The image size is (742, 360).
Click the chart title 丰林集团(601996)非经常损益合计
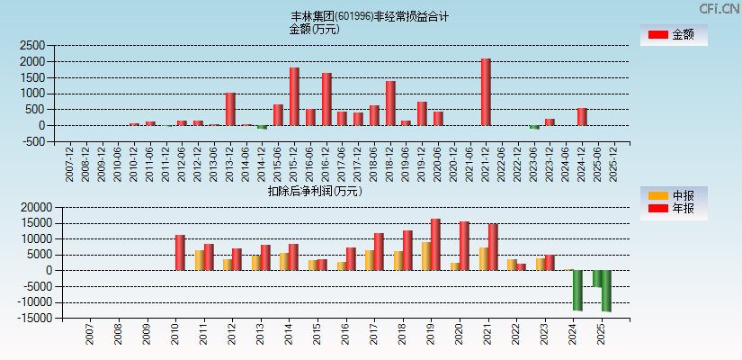click(370, 16)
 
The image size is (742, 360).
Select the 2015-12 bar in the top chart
click(294, 96)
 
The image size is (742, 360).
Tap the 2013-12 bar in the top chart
click(230, 109)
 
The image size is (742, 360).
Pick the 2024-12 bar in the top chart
click(582, 116)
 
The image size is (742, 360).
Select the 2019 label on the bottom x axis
click(430, 336)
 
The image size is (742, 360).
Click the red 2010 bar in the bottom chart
click(180, 253)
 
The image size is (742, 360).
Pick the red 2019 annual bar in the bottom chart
click(435, 245)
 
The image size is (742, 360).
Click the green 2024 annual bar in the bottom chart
click(577, 290)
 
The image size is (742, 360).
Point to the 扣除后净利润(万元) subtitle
click(315, 191)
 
